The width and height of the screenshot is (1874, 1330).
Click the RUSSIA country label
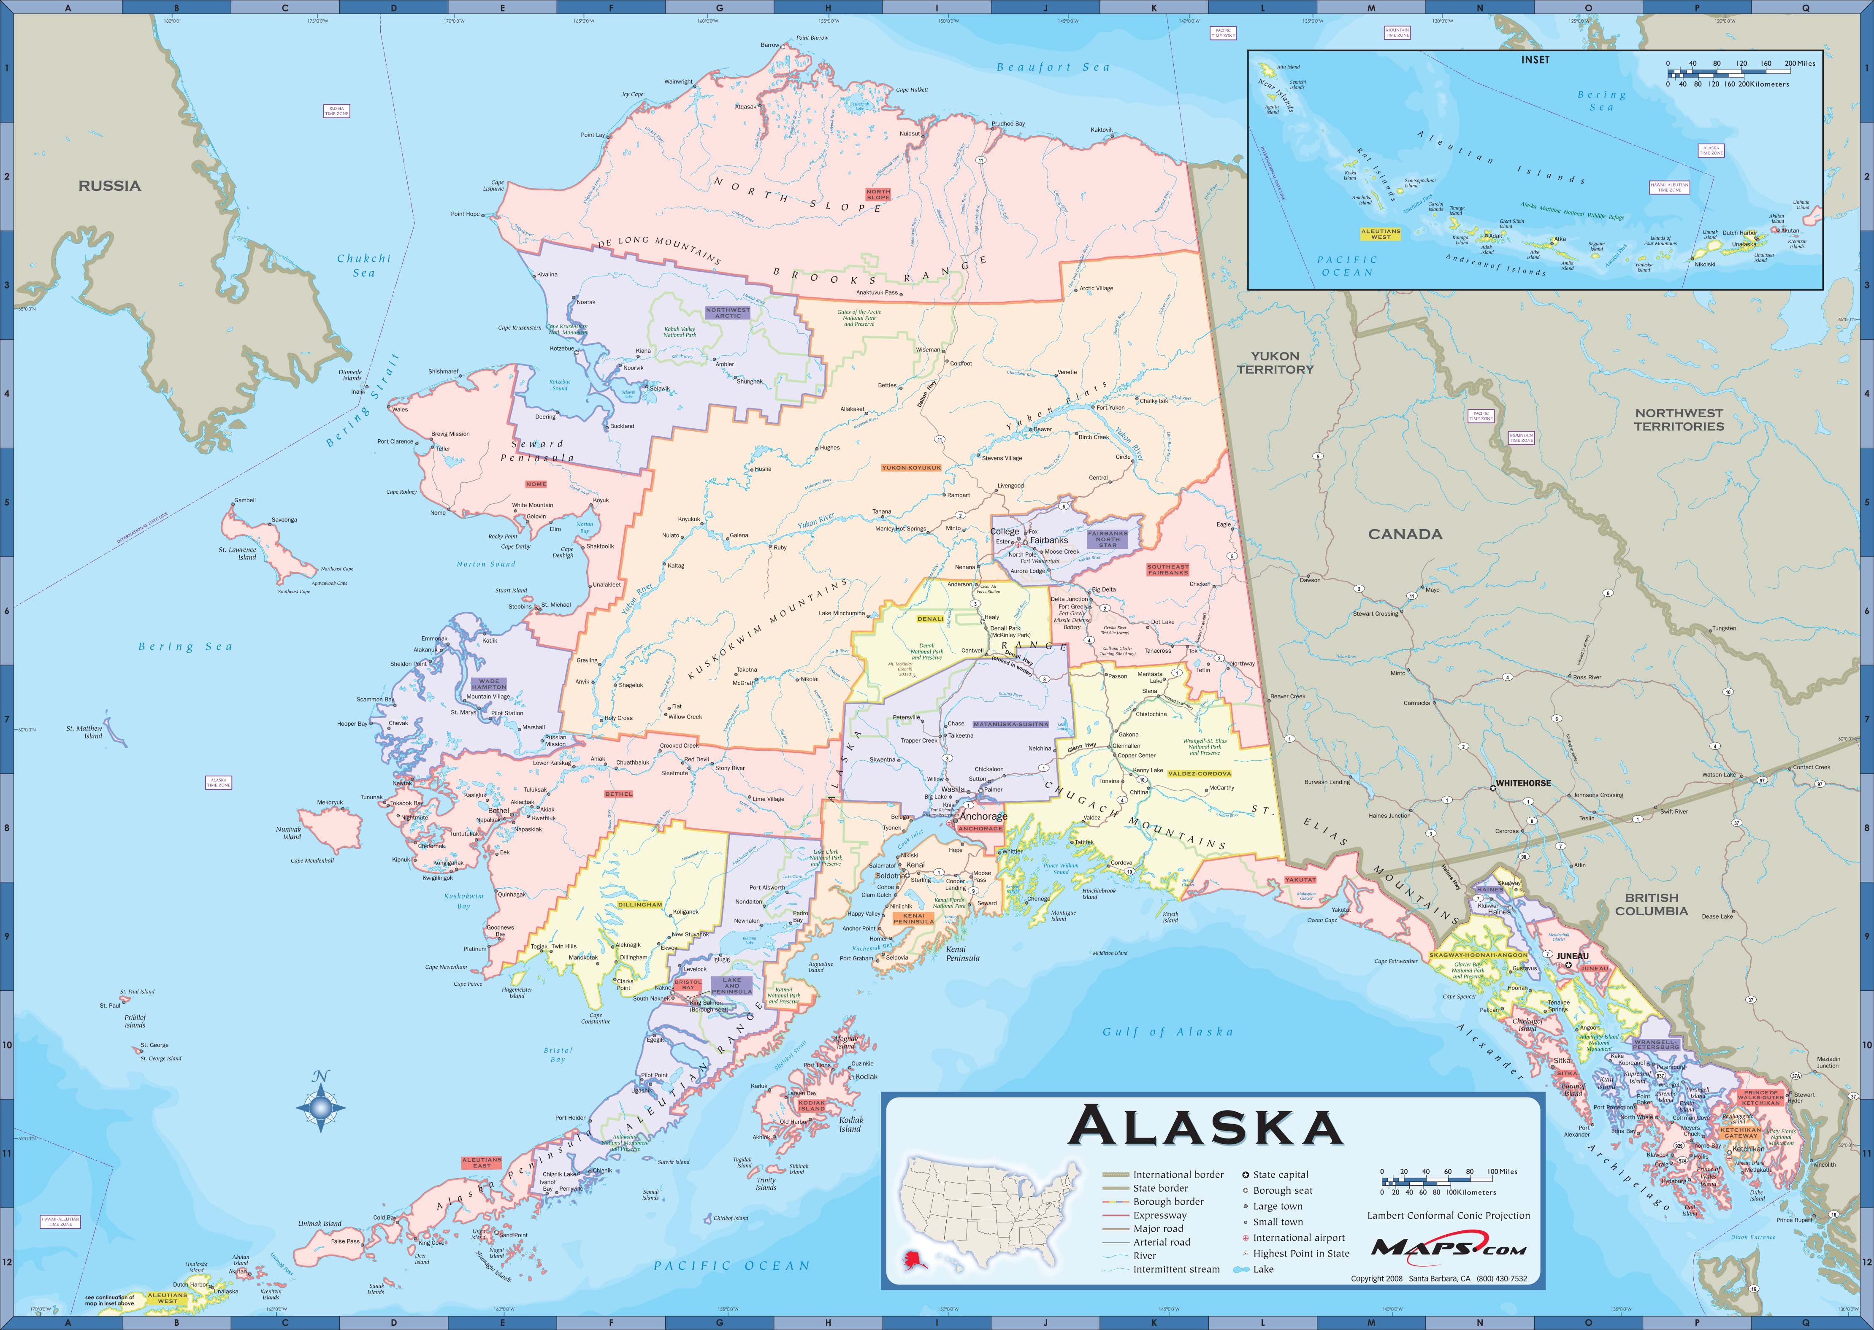pos(110,186)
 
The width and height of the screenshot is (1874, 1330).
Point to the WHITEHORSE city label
pos(1523,783)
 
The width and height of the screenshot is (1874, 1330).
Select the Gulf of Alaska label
pos(1167,1032)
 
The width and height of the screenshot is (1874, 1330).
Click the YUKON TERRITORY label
pos(1275,363)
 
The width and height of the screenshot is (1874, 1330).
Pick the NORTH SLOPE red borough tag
pos(878,194)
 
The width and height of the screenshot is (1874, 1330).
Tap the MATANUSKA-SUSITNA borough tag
pos(1011,724)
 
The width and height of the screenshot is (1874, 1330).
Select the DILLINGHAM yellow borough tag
pos(640,905)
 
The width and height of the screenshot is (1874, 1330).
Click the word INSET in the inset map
pos(1535,60)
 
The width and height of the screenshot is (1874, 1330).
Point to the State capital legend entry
pos(1280,1174)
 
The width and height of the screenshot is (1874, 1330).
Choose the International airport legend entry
pos(1298,1238)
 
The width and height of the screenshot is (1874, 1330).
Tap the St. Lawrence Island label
pos(238,554)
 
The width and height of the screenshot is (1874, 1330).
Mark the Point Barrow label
pos(812,38)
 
